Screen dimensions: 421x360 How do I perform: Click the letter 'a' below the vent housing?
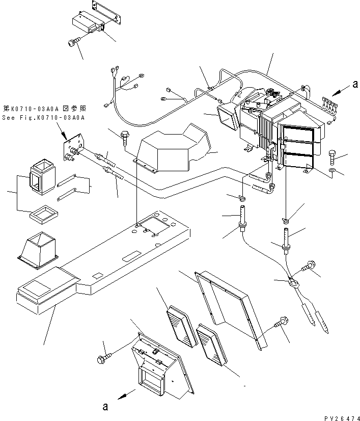(105, 406)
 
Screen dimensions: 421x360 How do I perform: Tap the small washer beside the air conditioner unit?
(332, 170)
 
